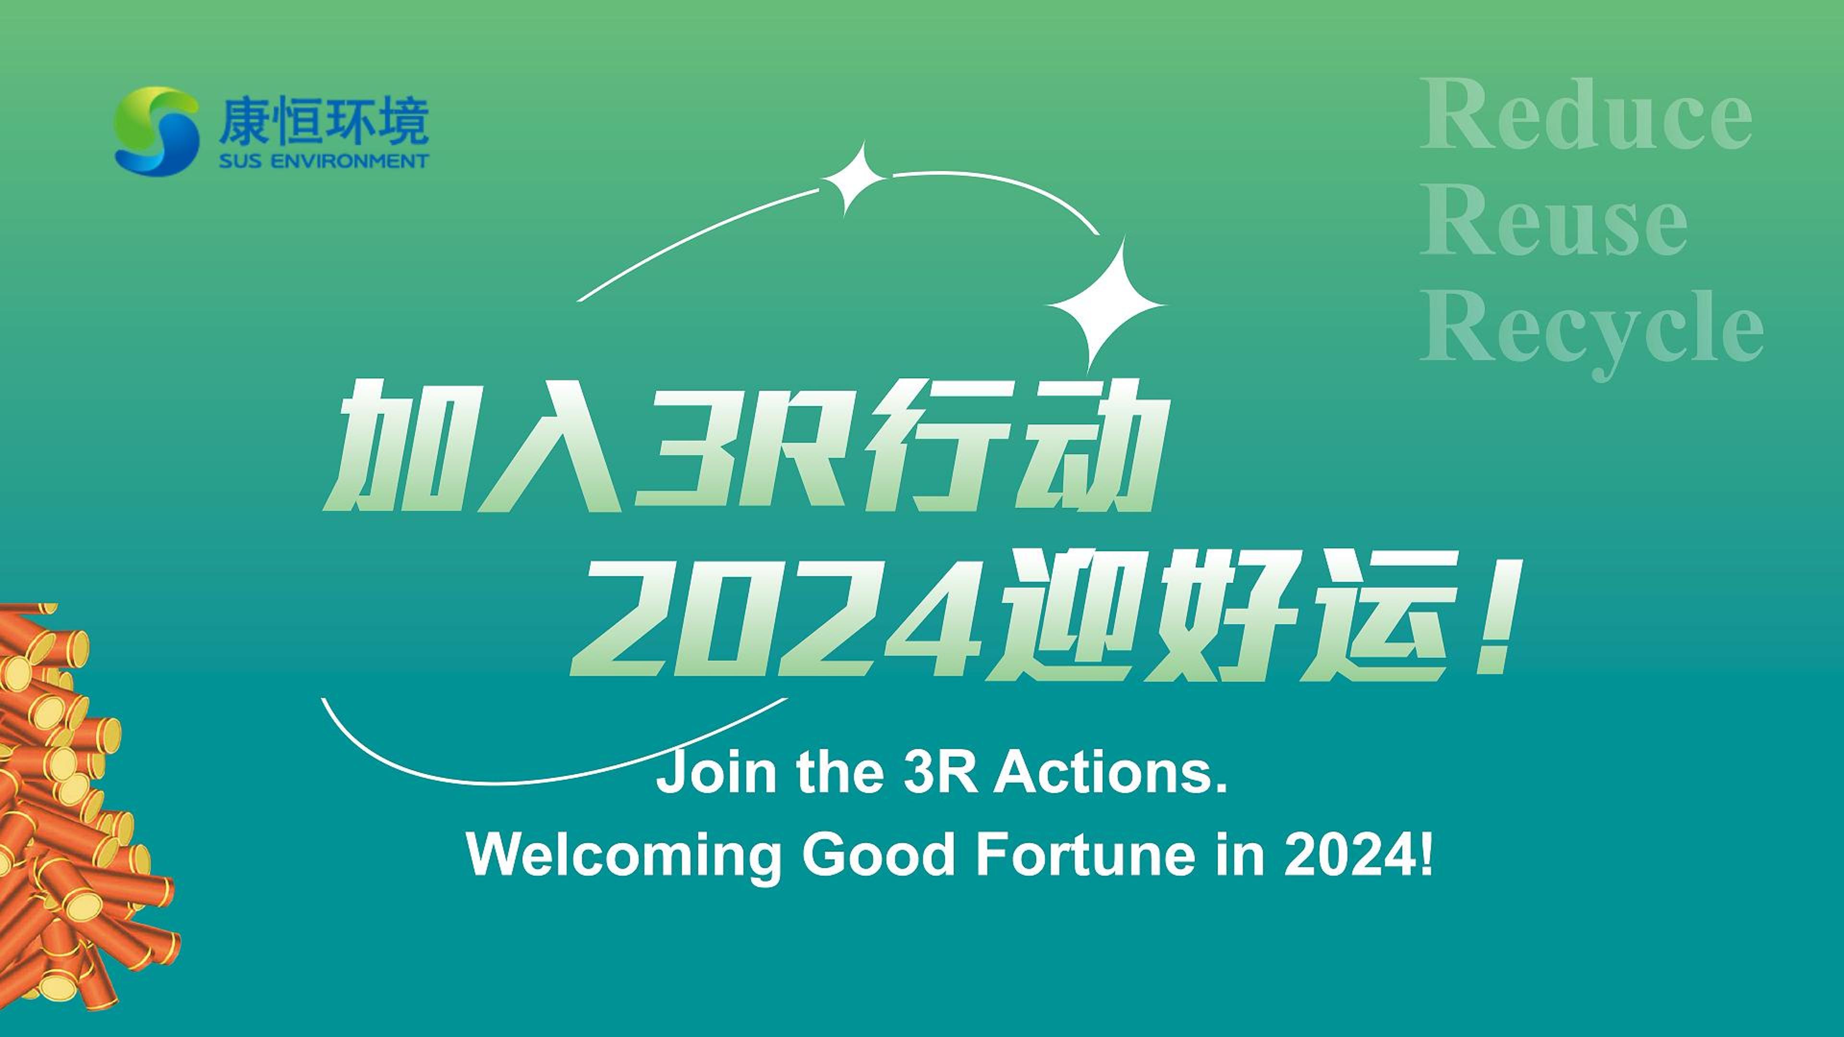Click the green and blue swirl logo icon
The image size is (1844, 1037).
tap(157, 131)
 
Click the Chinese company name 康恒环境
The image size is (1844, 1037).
tap(324, 121)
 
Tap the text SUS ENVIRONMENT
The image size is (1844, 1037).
tap(324, 160)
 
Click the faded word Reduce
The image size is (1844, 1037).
tap(1586, 115)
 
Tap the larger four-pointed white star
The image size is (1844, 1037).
tap(1106, 304)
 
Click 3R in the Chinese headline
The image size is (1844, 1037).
tap(737, 447)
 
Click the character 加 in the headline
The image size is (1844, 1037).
tap(390, 447)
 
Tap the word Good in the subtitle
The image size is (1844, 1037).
tap(879, 855)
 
